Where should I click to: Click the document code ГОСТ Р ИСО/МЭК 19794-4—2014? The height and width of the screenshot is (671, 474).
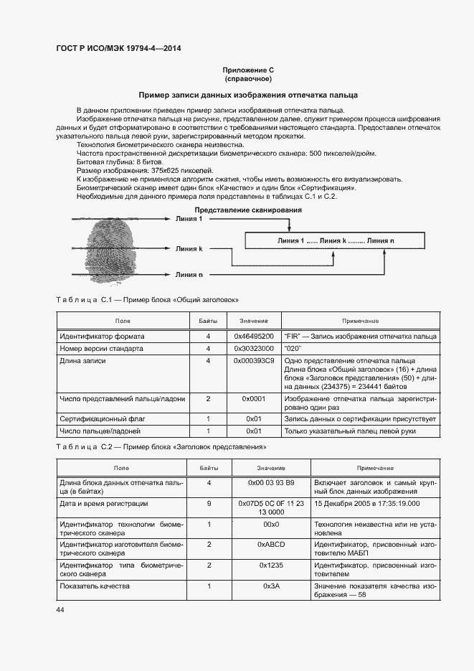(x=118, y=49)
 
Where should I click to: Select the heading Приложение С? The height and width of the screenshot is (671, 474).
(x=248, y=70)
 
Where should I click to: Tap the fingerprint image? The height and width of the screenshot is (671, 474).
(x=111, y=248)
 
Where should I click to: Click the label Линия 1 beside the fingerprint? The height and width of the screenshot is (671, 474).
(x=189, y=218)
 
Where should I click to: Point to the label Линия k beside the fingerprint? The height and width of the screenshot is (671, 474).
(x=189, y=248)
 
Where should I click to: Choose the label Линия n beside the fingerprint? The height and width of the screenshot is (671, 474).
(x=189, y=274)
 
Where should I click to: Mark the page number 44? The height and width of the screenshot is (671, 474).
(x=60, y=609)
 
